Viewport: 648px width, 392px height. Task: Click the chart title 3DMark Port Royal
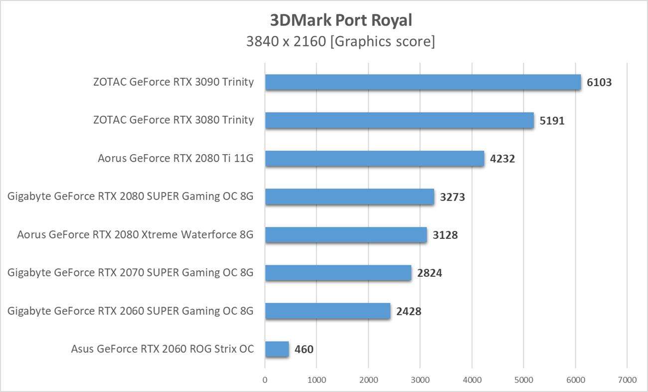coord(341,20)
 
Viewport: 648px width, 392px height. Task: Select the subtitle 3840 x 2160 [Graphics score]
coord(341,41)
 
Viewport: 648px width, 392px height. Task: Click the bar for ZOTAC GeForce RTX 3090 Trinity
coord(423,82)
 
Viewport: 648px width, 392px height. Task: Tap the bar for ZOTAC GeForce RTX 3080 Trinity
coord(399,120)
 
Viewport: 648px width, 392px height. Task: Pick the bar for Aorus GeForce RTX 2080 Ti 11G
coord(374,159)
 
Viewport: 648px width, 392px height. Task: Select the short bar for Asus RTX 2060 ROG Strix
coord(277,349)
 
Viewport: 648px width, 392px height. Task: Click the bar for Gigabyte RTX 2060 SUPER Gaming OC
coord(327,311)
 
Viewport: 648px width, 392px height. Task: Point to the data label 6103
coord(599,83)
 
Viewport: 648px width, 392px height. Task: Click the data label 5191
coord(552,121)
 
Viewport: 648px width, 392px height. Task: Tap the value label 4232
coord(502,159)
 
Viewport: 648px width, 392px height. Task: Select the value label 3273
coord(452,197)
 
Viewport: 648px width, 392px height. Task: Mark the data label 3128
coord(445,235)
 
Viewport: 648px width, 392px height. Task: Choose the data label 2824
coord(429,273)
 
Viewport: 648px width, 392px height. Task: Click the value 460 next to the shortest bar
coord(304,350)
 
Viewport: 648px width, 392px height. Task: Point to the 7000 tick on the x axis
coord(627,380)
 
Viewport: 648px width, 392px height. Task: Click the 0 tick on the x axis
coord(265,380)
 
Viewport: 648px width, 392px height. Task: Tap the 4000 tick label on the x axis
coord(472,380)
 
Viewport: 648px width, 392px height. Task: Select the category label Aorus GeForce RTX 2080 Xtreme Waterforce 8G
coord(135,234)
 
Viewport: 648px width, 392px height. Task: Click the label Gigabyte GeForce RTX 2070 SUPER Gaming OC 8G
coord(131,273)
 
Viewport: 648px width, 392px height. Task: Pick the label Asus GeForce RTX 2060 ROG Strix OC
coord(162,349)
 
